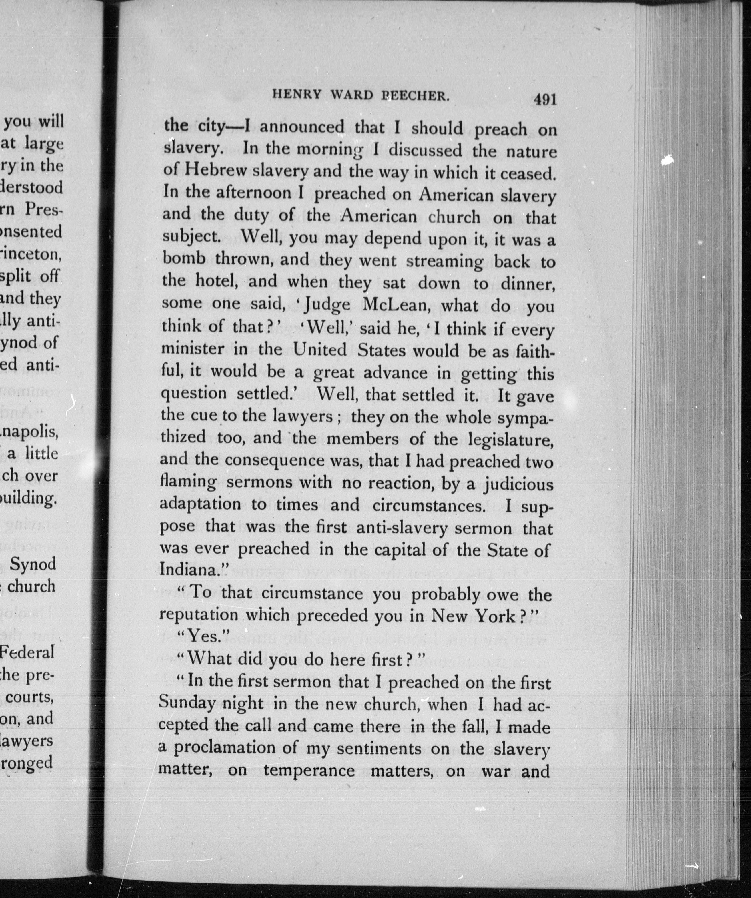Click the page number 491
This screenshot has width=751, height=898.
click(545, 100)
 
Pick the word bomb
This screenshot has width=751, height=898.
click(184, 259)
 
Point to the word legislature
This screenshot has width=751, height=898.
click(510, 440)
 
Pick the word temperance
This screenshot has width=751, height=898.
click(309, 771)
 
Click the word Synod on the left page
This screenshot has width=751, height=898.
click(33, 564)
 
